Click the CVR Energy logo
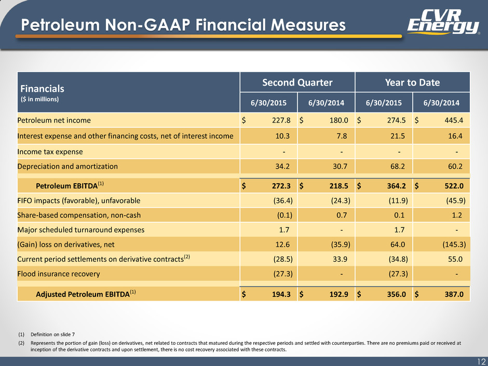point(443,22)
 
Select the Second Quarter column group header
point(297,83)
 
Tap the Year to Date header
point(412,83)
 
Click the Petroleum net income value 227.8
point(281,120)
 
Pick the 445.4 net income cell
point(454,120)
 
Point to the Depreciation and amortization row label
point(67,167)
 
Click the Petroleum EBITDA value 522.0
point(454,186)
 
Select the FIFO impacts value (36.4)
point(282,201)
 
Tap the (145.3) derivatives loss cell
point(454,245)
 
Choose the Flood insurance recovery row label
point(59,274)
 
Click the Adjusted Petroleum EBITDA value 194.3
point(281,294)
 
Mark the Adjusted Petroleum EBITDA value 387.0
point(454,294)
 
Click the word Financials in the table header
point(43,89)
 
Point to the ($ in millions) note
point(39,99)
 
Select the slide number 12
point(482,362)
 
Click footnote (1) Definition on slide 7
point(46,334)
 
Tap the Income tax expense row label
point(50,152)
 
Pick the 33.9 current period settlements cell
point(340,259)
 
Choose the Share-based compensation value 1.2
point(457,215)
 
